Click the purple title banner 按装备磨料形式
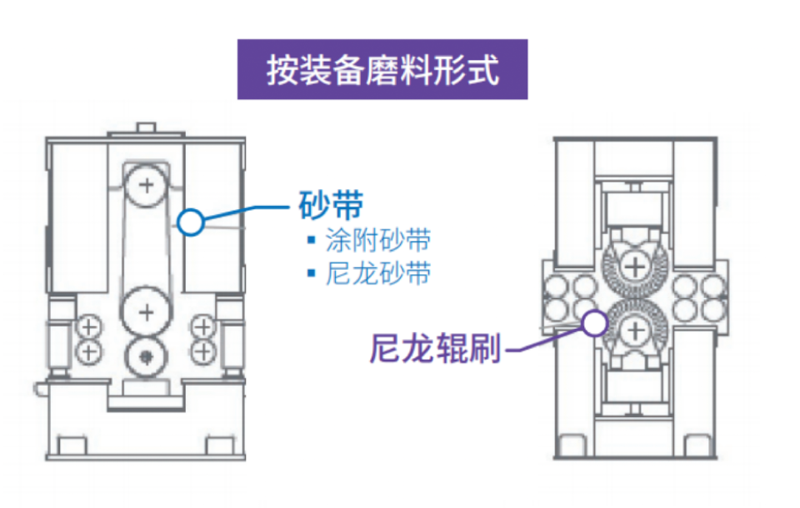(382, 69)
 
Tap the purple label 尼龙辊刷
(435, 349)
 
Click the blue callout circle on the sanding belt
(191, 222)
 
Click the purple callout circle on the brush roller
(594, 322)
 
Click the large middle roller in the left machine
(147, 312)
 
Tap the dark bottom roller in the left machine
(147, 356)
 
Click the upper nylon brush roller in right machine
(635, 266)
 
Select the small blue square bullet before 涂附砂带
(311, 241)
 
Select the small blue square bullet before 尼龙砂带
(311, 273)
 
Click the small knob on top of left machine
(147, 127)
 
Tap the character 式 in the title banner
(484, 70)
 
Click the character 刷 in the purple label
(485, 349)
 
